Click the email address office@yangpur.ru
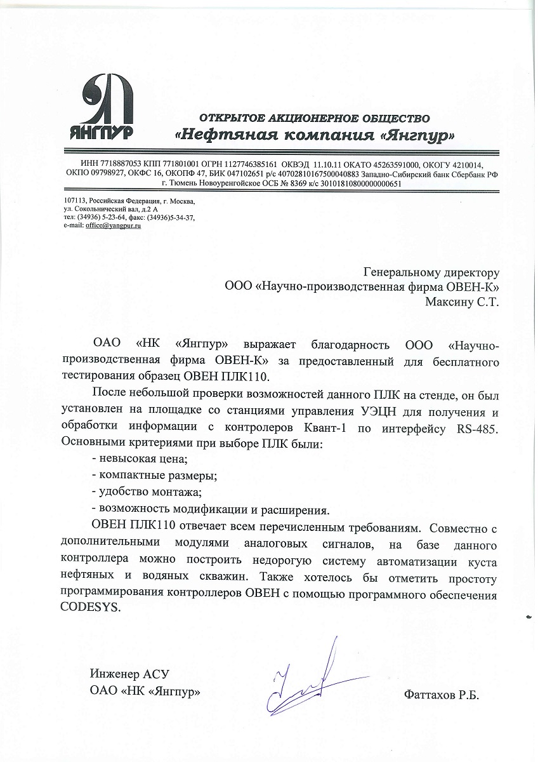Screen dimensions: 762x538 pyautogui.click(x=114, y=225)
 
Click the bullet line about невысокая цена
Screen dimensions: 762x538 pyautogui.click(x=140, y=458)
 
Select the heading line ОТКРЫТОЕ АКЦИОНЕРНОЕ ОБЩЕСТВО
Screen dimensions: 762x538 pyautogui.click(x=315, y=118)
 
